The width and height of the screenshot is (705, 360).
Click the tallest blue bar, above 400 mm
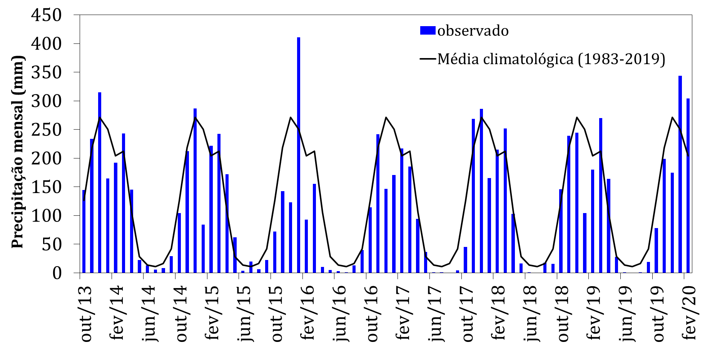tap(299, 154)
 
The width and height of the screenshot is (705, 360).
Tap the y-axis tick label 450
tap(46, 15)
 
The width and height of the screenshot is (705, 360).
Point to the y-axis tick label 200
tap(46, 158)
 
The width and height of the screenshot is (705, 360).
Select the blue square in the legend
tap(428, 30)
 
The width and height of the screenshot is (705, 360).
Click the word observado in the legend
tap(473, 31)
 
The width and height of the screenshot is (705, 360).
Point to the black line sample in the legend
tap(428, 59)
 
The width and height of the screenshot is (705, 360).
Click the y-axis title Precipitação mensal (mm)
tap(18, 152)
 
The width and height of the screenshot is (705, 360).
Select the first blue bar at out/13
tap(84, 231)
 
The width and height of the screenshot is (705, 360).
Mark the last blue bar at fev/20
tap(688, 185)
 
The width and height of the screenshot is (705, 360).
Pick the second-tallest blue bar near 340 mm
tap(680, 173)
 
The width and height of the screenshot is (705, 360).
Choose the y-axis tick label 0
tap(57, 273)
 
